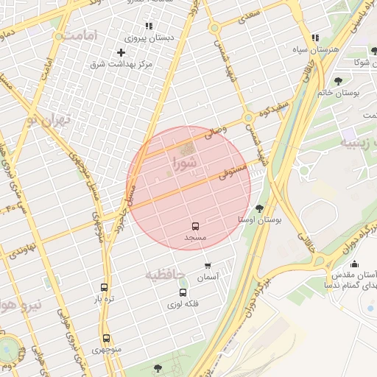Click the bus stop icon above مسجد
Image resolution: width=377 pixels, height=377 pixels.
(x=196, y=226)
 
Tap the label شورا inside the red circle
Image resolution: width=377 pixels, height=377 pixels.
(x=185, y=161)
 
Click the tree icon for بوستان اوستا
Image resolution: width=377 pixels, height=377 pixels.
(x=258, y=208)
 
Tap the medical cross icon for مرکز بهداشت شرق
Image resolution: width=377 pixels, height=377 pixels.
(x=121, y=52)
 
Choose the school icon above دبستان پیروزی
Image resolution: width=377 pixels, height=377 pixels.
(x=149, y=26)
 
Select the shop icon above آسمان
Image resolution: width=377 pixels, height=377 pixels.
(x=208, y=265)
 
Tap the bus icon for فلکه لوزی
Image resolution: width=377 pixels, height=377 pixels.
(x=183, y=292)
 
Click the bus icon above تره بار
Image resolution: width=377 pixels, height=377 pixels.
(x=103, y=288)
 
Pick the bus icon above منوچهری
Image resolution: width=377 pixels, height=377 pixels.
(x=107, y=338)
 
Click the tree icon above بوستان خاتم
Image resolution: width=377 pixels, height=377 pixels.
(x=338, y=81)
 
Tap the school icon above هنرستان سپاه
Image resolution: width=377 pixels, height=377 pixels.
(x=315, y=38)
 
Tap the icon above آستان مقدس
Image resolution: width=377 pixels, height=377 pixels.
(x=354, y=264)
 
